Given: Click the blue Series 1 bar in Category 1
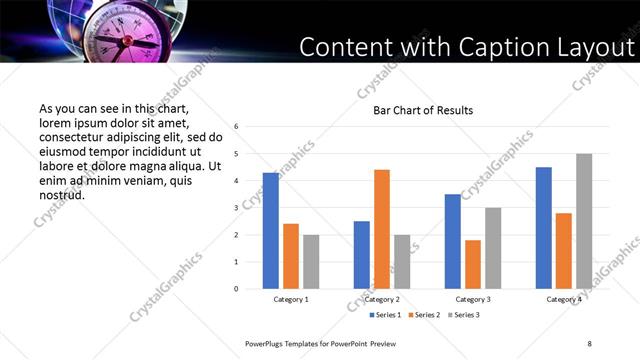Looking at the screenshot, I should click(270, 231).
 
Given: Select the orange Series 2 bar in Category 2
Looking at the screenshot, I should click(382, 229).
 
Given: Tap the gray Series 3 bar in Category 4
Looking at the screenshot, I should click(584, 221).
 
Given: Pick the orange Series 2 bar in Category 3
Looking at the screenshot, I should click(473, 264).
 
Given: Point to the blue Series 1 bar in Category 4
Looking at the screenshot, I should click(543, 228).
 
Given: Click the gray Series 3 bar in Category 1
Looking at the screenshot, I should click(311, 262).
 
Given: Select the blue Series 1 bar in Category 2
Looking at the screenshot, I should click(361, 255).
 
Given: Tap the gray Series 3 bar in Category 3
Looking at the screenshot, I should click(493, 248).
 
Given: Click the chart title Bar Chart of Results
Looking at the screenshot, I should click(423, 110).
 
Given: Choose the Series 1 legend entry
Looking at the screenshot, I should click(386, 315).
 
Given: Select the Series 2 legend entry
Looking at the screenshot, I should click(425, 315).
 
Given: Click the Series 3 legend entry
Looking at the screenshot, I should click(464, 315).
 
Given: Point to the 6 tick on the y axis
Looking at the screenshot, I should click(236, 127).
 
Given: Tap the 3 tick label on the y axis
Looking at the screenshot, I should click(236, 208).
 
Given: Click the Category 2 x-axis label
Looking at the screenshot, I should click(381, 299).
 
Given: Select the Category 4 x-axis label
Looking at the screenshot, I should click(564, 299).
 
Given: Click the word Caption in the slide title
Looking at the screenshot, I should click(498, 47).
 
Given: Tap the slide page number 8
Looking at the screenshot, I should click(589, 344).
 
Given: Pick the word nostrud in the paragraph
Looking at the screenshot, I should click(62, 195).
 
